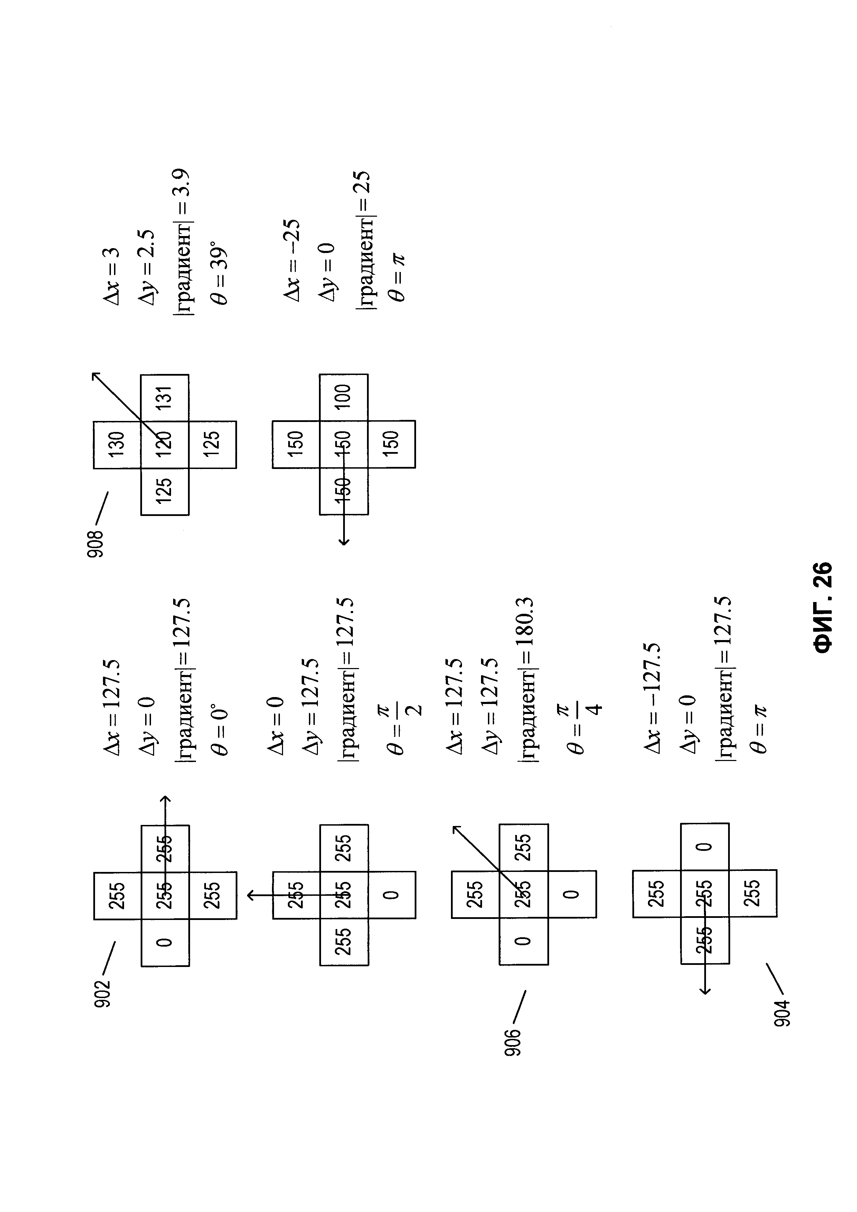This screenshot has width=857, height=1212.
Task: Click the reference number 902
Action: point(102,993)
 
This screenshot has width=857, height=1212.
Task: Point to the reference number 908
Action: point(96,544)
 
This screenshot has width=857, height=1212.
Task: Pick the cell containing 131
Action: point(164,397)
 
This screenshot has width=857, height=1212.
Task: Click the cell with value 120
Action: point(164,444)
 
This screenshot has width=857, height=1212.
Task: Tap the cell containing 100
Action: point(343,397)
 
